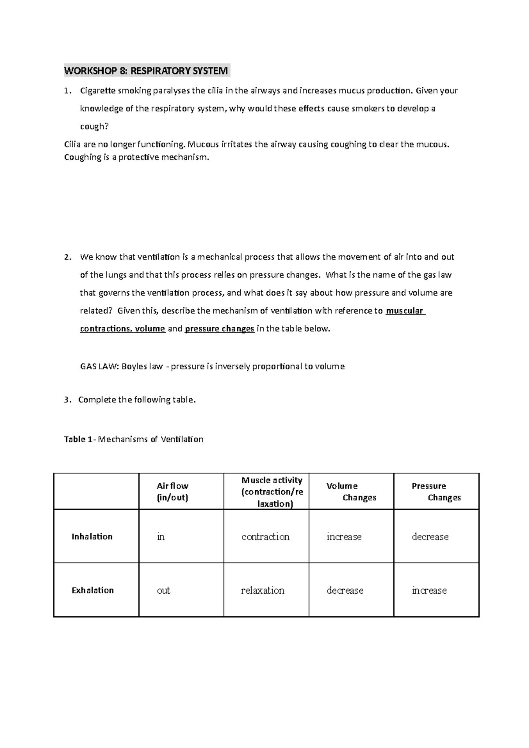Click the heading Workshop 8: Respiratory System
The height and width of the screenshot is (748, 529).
click(146, 70)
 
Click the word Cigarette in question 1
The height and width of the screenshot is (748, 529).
click(97, 91)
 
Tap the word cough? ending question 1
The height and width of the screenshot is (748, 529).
click(93, 126)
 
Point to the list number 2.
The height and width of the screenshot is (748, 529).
click(67, 257)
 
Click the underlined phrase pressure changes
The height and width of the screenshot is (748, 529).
click(220, 329)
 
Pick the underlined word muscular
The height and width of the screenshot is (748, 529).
click(404, 311)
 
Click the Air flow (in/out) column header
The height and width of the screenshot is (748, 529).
click(172, 492)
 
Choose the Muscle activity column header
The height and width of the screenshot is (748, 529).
click(272, 492)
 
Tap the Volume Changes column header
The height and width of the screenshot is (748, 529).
click(351, 492)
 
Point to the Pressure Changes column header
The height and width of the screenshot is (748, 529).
click(436, 492)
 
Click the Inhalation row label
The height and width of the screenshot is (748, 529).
click(92, 537)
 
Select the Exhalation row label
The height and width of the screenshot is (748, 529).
click(93, 590)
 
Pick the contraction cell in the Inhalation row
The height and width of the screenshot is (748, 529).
click(265, 537)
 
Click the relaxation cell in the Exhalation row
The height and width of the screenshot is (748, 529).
click(263, 590)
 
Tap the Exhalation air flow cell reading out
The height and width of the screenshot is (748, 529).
click(164, 590)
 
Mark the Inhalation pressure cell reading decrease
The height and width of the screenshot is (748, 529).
click(430, 537)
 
